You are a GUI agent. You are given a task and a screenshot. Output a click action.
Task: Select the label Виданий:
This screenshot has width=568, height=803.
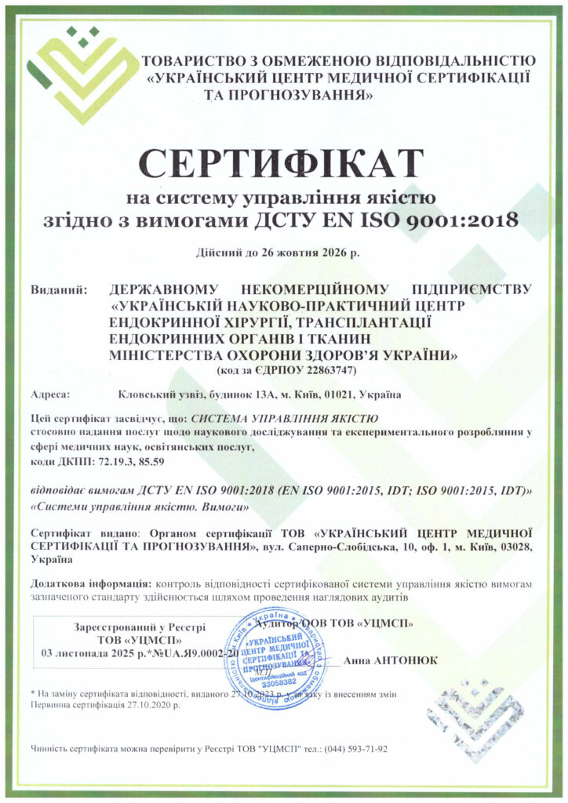coord(58,290)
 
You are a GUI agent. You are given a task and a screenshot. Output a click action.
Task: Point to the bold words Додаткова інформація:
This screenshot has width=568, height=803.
coord(91,584)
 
